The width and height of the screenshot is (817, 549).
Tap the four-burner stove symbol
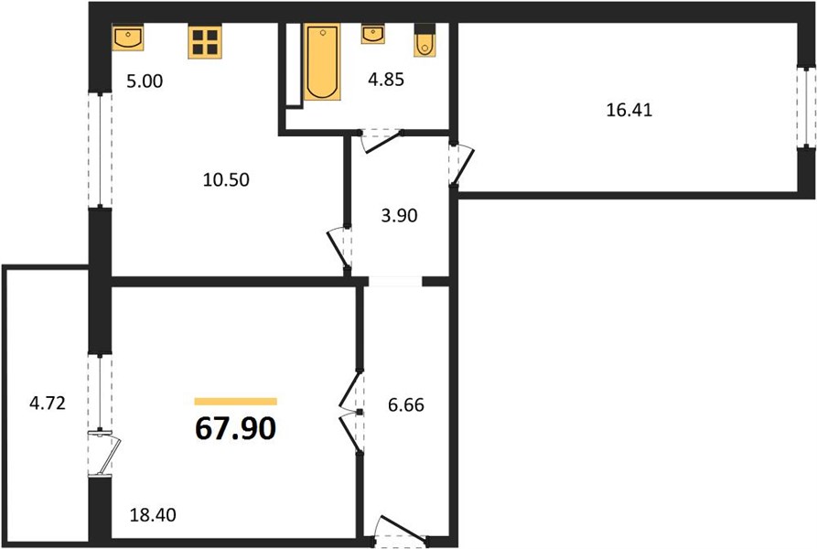(x=205, y=42)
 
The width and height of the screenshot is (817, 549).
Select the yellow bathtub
(x=323, y=61)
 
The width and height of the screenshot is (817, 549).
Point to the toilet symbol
(x=425, y=40)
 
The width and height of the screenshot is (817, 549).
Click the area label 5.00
(x=145, y=81)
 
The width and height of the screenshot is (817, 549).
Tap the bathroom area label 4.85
(x=386, y=80)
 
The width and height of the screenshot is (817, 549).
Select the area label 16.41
(x=629, y=111)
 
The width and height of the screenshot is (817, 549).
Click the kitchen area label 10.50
(x=226, y=179)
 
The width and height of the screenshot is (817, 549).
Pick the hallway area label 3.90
(x=399, y=216)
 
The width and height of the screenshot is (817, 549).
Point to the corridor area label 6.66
(x=406, y=404)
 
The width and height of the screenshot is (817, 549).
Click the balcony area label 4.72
(x=48, y=404)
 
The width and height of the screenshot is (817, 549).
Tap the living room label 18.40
(x=153, y=515)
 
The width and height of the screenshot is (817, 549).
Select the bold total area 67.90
(x=235, y=429)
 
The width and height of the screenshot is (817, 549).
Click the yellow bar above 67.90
(x=235, y=401)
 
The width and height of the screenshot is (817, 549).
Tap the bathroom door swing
(x=381, y=141)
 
